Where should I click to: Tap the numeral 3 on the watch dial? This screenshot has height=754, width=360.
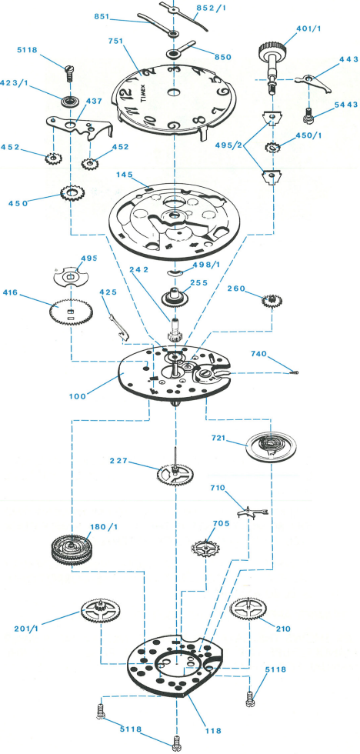point(177,68)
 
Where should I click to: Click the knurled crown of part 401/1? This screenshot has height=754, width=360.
point(270,49)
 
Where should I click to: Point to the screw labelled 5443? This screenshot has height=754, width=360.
point(305,114)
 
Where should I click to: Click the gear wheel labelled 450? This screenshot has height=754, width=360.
point(73,194)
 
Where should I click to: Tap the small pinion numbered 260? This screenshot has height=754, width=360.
point(272,301)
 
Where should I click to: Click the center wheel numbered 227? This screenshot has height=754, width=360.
point(175,474)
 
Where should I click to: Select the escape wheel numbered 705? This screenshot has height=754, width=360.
point(205,548)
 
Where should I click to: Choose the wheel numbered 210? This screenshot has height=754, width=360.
point(249,609)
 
